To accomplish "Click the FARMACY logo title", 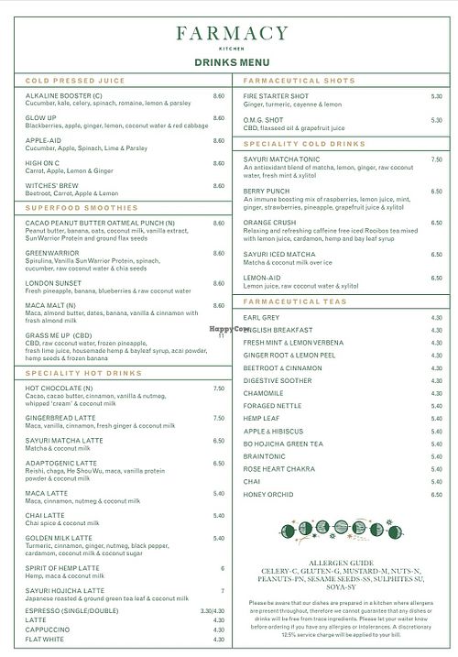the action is (x=229, y=35).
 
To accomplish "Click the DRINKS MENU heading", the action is (x=229, y=62).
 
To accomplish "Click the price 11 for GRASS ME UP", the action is (x=221, y=335).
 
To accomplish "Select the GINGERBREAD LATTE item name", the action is (x=64, y=418).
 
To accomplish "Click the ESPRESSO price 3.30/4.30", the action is (x=213, y=608).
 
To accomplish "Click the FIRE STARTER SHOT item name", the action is (x=276, y=96).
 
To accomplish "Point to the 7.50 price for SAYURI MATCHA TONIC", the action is (x=436, y=159).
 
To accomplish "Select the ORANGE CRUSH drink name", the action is (x=269, y=222).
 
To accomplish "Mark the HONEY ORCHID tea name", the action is (x=268, y=495).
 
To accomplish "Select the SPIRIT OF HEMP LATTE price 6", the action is (x=222, y=568).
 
